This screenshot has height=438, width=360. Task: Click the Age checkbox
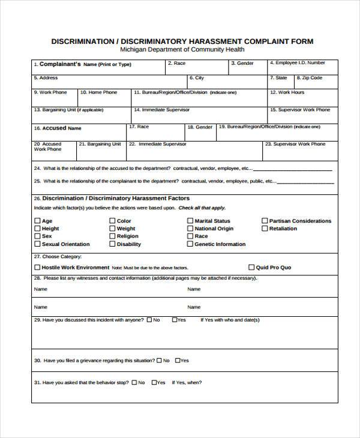point(37,221)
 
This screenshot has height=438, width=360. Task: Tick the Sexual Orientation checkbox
point(37,244)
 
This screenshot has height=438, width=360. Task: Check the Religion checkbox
point(112,236)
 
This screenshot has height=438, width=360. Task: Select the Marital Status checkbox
point(190,221)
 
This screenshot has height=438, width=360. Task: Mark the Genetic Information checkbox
point(190,244)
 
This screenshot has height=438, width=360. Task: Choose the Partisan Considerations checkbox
point(265,221)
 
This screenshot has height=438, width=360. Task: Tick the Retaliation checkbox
point(265,229)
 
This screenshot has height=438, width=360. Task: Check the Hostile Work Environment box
point(37,268)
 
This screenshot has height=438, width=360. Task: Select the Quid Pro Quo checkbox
point(251,268)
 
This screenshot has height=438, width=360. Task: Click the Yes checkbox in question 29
point(175,320)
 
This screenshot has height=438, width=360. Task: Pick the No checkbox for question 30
point(159,361)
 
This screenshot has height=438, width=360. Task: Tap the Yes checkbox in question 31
point(154,382)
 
